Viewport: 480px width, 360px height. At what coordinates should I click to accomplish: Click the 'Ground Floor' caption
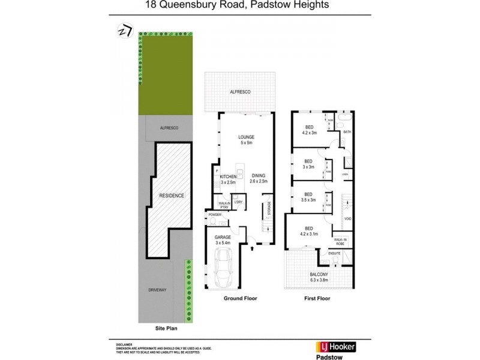coord(241,298)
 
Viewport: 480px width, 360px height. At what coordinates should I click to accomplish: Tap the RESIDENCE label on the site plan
coord(171,196)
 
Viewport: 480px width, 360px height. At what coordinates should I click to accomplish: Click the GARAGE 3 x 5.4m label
coord(223,240)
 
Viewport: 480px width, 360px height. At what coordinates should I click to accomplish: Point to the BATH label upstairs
coord(347,132)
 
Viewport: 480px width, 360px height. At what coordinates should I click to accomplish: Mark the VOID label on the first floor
coord(347,218)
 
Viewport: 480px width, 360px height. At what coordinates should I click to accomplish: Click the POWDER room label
coord(214,215)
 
